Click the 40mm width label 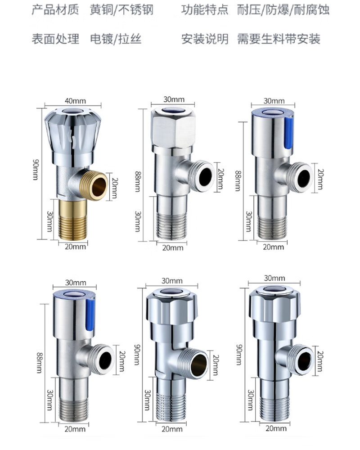click(75, 101)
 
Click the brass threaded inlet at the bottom click(72, 219)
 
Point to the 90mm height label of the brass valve click(35, 169)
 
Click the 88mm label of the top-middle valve click(138, 181)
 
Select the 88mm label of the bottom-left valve click(39, 363)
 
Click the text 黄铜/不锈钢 click(121, 10)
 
